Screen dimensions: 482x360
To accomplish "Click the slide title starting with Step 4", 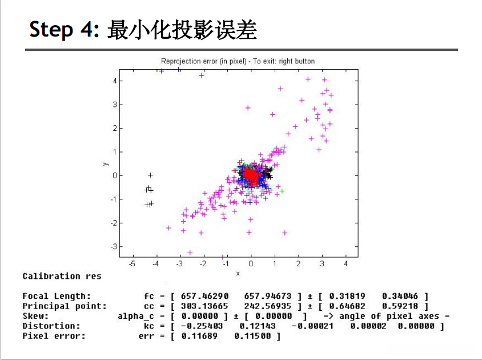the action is (x=143, y=30).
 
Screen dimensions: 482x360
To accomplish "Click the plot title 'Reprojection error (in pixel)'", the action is (x=204, y=61).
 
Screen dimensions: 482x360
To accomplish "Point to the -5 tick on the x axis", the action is (x=132, y=263).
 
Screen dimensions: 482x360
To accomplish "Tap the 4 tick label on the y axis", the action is (x=115, y=81).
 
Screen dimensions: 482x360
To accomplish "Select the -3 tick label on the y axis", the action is (x=114, y=246).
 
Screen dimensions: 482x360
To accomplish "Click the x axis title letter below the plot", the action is (x=238, y=273).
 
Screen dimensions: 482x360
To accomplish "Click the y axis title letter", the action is (x=106, y=163).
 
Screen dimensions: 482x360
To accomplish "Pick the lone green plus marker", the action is (x=282, y=191).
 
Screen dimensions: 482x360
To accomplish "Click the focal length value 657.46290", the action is (x=204, y=296).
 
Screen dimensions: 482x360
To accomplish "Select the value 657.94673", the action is (x=268, y=296).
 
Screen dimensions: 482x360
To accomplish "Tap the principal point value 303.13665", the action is (x=204, y=306).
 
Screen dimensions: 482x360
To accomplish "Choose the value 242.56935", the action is (x=268, y=306).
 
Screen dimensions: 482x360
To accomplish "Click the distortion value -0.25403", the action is (x=202, y=326).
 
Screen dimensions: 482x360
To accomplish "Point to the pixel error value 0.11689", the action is (x=199, y=336).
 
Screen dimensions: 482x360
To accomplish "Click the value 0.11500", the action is (x=252, y=336).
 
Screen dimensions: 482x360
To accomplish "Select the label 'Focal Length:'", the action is (x=57, y=296).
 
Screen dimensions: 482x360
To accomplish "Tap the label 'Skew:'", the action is (x=35, y=316).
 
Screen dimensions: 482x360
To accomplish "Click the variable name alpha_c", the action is (x=135, y=317).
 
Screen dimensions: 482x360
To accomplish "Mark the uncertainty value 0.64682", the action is (x=347, y=306).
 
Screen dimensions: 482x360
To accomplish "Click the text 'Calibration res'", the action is (x=62, y=276).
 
